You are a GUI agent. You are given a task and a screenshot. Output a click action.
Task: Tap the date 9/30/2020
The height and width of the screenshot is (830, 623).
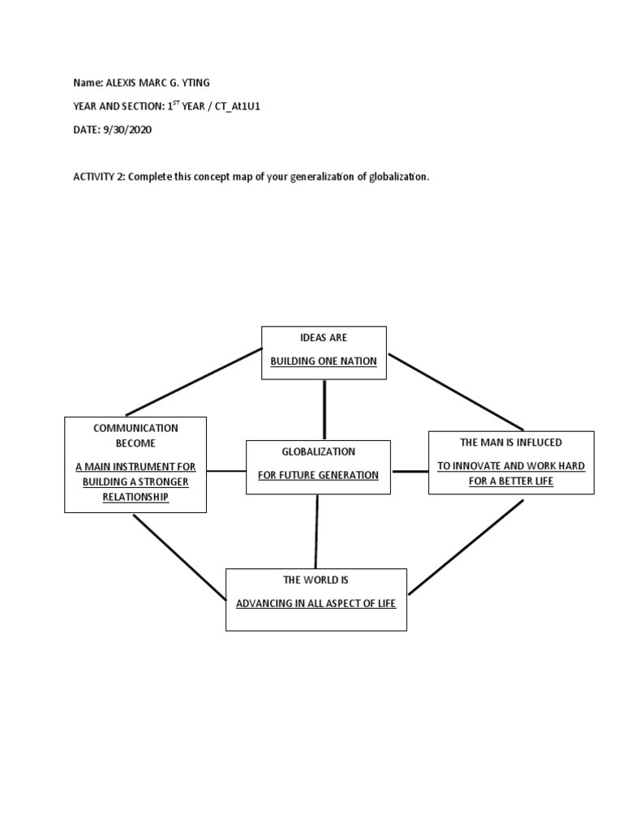click(x=128, y=130)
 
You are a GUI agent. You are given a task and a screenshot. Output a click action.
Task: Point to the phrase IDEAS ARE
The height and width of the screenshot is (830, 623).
click(x=324, y=337)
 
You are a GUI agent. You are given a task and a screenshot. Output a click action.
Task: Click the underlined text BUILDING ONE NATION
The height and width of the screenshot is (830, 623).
click(x=324, y=361)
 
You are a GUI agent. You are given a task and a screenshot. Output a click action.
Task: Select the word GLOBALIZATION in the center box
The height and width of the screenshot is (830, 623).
click(x=318, y=451)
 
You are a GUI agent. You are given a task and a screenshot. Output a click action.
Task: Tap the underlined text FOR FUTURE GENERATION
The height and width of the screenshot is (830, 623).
click(x=318, y=475)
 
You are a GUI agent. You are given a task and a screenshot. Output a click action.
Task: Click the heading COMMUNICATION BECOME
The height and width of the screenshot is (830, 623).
click(x=135, y=435)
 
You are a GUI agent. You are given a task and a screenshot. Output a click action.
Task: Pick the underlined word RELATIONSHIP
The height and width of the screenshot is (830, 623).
click(x=135, y=497)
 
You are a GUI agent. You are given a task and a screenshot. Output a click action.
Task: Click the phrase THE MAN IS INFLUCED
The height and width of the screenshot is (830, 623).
click(x=511, y=442)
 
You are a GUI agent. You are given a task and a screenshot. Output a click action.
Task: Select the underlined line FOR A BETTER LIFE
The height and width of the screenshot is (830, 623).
click(x=511, y=481)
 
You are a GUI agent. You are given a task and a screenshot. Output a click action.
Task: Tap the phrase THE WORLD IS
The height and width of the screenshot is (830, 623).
click(x=316, y=580)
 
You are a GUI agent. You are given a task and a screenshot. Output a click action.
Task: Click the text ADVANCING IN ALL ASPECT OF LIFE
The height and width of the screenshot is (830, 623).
click(x=316, y=604)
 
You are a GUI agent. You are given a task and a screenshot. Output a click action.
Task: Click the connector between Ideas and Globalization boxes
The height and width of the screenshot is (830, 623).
click(x=324, y=409)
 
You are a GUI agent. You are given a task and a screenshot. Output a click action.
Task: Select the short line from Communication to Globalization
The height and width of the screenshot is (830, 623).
click(x=226, y=470)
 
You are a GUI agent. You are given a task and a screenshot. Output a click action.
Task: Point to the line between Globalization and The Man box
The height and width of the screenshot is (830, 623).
click(x=410, y=471)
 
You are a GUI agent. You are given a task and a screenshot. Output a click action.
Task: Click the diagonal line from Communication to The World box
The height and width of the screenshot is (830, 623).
click(x=180, y=558)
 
